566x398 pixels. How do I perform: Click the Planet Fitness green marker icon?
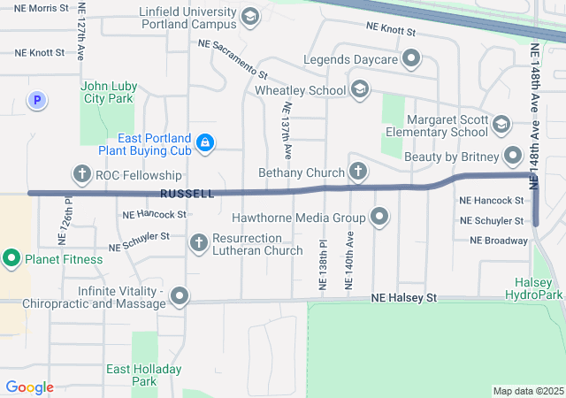(x=11, y=259)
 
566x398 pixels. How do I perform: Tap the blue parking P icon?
(x=36, y=102)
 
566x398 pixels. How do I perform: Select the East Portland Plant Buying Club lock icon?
(x=205, y=142)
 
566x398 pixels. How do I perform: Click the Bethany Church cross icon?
(x=358, y=172)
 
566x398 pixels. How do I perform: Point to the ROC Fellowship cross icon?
(x=82, y=174)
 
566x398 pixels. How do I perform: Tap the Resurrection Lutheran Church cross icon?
(x=199, y=241)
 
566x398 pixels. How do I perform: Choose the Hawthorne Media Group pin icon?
(x=380, y=217)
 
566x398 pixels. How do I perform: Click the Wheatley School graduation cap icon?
(x=359, y=89)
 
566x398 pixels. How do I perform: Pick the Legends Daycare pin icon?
(x=411, y=59)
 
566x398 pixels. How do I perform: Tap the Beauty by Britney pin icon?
(x=514, y=157)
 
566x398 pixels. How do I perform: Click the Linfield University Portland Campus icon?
(x=250, y=17)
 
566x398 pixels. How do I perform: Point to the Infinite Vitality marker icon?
(x=180, y=297)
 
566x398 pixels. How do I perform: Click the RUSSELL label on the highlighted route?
(x=187, y=193)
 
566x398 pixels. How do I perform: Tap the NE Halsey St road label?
(x=404, y=299)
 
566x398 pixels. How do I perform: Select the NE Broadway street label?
(x=499, y=240)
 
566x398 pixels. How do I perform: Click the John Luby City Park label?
(x=109, y=92)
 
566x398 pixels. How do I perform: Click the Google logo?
(x=29, y=387)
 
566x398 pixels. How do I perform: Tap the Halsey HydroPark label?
(x=534, y=288)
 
